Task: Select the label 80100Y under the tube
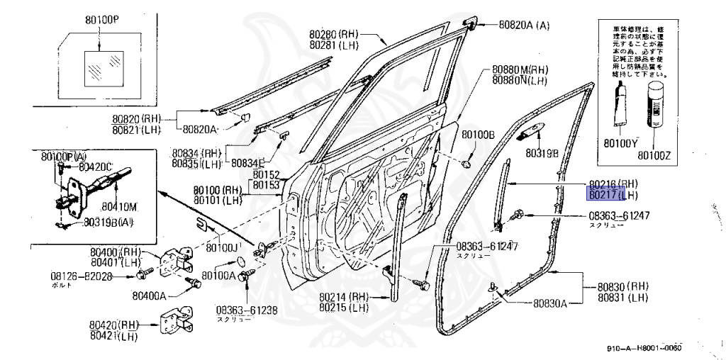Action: coord(620,143)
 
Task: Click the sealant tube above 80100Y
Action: coord(621,106)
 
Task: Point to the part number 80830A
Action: coord(550,304)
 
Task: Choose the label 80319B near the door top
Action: coord(542,152)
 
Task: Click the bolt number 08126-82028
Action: coord(82,276)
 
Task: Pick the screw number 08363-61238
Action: coord(247,310)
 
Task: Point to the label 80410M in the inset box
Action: coord(118,207)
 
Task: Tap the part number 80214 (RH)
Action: coord(344,297)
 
